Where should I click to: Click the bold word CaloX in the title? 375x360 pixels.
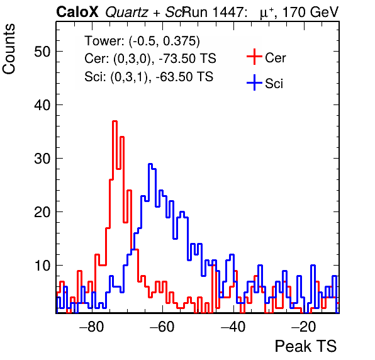(x=77, y=12)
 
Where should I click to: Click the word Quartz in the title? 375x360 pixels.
(x=126, y=12)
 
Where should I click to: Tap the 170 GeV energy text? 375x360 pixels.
(x=310, y=12)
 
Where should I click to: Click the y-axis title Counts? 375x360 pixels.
(x=9, y=49)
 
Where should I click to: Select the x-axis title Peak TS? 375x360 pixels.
(x=306, y=346)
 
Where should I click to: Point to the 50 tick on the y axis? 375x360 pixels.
(x=42, y=52)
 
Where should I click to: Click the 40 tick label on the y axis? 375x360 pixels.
(x=42, y=104)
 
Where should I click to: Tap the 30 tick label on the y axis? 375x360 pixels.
(x=42, y=159)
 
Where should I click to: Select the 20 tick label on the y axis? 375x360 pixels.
(x=42, y=212)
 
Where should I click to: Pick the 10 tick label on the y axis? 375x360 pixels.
(x=42, y=266)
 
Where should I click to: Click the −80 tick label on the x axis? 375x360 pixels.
(x=92, y=327)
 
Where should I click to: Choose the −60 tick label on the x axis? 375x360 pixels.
(x=162, y=327)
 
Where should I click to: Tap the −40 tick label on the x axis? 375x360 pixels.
(x=233, y=327)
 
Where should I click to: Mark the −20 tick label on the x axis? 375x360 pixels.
(x=304, y=327)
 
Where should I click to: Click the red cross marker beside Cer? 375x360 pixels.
(x=254, y=57)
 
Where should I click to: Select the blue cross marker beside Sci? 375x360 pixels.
(x=254, y=82)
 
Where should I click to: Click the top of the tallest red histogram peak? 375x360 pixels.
(x=115, y=121)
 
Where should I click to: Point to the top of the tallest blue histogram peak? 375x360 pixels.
(x=150, y=164)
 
